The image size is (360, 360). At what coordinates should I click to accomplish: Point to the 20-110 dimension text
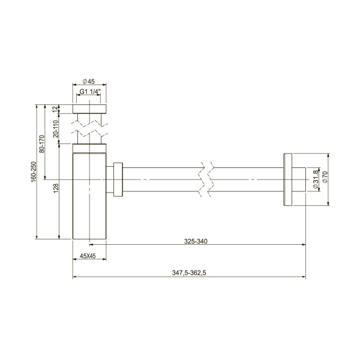tap(55, 129)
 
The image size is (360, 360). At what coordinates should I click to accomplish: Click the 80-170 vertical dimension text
tap(41, 145)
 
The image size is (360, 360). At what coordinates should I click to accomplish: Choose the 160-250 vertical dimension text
tap(34, 170)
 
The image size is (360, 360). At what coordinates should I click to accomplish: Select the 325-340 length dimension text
tap(196, 241)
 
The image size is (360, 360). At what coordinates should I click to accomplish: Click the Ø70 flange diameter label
tap(325, 179)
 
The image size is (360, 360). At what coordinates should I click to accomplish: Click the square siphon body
tap(89, 198)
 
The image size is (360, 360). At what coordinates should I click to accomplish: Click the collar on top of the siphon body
tap(89, 148)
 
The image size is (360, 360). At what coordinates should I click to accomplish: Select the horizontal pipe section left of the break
tap(162, 179)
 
